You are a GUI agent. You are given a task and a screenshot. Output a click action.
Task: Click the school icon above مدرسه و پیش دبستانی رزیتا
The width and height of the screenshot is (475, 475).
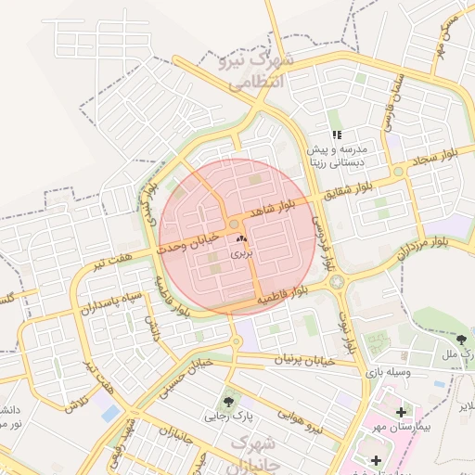[x=336, y=135]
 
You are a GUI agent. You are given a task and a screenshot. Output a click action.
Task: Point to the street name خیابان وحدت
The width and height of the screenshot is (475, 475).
[x=188, y=243]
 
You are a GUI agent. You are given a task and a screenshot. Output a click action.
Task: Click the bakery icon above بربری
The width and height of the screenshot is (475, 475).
[x=241, y=239]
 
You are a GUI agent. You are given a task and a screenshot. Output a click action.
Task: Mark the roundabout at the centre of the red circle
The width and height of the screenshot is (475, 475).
[x=236, y=225]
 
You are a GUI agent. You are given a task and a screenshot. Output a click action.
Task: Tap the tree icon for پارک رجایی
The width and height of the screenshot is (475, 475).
[x=228, y=401]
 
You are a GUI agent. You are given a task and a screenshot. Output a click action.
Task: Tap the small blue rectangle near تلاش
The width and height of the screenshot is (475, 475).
[x=110, y=410]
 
